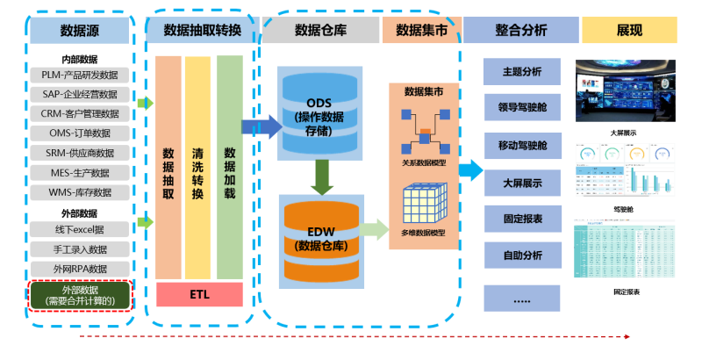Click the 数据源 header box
click(x=79, y=30)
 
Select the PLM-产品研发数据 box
click(x=79, y=76)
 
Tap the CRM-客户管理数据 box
click(x=79, y=114)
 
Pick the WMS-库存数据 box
click(x=79, y=192)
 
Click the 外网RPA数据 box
click(x=79, y=269)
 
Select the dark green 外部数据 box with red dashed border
click(x=79, y=295)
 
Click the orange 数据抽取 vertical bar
click(x=168, y=167)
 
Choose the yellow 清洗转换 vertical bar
click(x=198, y=167)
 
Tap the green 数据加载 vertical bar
click(x=229, y=167)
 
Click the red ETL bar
click(x=198, y=294)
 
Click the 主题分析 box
click(x=521, y=71)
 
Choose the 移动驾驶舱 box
click(x=521, y=145)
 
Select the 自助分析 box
click(x=521, y=257)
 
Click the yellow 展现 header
click(x=629, y=30)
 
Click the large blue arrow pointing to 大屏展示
click(x=470, y=169)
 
